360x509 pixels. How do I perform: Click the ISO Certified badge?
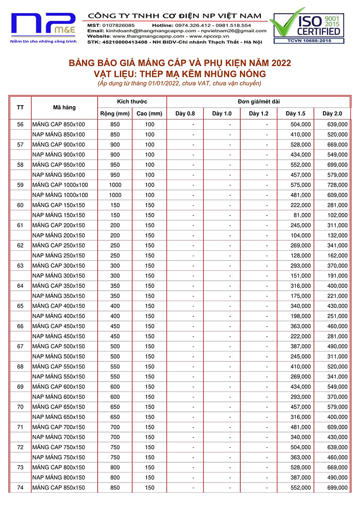(306, 24)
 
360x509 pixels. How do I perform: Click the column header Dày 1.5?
(295, 113)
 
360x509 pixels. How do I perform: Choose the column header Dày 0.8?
(185, 113)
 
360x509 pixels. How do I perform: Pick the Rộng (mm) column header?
(115, 113)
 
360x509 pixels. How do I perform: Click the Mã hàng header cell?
(64, 108)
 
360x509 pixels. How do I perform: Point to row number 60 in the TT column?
(20, 205)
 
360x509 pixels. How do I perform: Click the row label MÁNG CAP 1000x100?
(60, 185)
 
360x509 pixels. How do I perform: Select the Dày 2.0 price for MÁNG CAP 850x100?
(337, 125)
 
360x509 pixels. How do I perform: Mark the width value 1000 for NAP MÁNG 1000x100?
(115, 195)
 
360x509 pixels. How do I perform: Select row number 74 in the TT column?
(20, 488)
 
